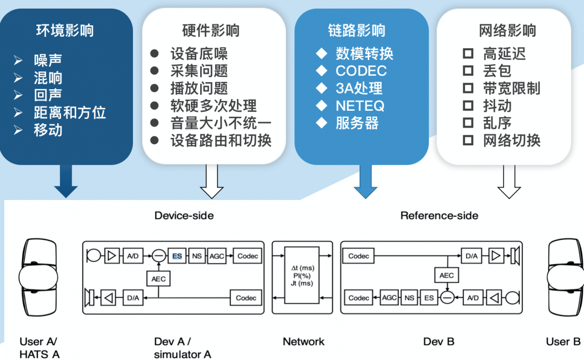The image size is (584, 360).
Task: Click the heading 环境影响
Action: click(65, 31)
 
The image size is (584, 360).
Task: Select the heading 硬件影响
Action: click(211, 31)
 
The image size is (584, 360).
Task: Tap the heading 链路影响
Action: click(357, 31)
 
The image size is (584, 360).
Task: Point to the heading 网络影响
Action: click(508, 31)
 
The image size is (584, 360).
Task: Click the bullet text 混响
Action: click(48, 78)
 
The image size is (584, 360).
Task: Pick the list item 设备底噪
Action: click(199, 54)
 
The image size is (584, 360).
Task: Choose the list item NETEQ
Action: click(360, 106)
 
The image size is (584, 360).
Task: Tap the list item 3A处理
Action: click(359, 89)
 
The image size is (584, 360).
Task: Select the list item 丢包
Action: click(497, 71)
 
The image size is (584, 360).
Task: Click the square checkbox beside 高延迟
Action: click(468, 54)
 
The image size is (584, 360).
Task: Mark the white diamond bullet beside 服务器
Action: click(322, 123)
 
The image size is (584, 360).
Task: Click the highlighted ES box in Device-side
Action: click(177, 256)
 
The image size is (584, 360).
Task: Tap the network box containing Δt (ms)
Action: click(302, 276)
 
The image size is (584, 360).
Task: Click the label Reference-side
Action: click(439, 216)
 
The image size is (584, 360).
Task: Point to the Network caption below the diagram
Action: click(303, 342)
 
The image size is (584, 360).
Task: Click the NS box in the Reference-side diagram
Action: click(409, 298)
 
